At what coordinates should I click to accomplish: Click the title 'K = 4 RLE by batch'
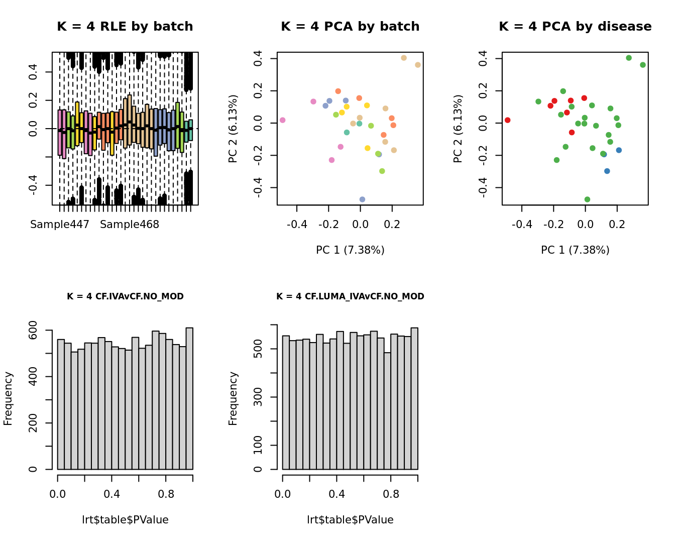(125, 27)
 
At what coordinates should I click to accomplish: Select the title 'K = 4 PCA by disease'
(575, 27)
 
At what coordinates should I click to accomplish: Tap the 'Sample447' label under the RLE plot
(60, 225)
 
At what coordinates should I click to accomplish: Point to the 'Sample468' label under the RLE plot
(130, 225)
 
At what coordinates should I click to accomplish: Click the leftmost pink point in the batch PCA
(283, 120)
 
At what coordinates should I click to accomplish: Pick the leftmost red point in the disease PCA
(508, 120)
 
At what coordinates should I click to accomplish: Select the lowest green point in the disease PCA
(587, 199)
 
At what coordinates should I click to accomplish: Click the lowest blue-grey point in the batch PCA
(362, 199)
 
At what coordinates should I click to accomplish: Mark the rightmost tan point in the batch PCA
(418, 65)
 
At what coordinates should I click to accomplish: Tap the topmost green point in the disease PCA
(629, 58)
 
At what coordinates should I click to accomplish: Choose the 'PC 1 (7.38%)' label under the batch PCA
(350, 250)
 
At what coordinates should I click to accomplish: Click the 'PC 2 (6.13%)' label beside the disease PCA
(458, 129)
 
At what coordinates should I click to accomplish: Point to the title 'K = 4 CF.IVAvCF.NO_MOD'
(125, 296)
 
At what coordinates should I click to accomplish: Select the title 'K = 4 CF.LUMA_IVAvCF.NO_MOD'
(350, 296)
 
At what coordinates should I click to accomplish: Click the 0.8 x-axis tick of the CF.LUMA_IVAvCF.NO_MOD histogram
(391, 494)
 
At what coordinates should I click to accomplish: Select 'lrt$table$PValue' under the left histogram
(125, 520)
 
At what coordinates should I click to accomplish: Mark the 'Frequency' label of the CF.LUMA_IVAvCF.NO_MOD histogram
(233, 398)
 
